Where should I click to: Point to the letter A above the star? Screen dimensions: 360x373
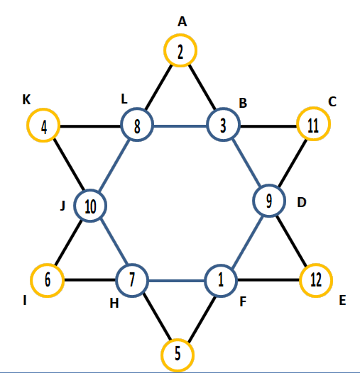click(182, 22)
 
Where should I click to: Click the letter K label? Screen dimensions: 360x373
click(26, 99)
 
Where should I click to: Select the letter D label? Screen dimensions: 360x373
click(302, 202)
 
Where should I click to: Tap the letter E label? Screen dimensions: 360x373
click(342, 300)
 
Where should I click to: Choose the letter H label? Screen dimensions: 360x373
click(114, 304)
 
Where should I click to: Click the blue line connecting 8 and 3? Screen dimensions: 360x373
click(180, 126)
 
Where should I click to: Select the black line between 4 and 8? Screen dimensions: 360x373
click(90, 126)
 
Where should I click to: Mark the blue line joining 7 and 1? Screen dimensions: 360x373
click(177, 281)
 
